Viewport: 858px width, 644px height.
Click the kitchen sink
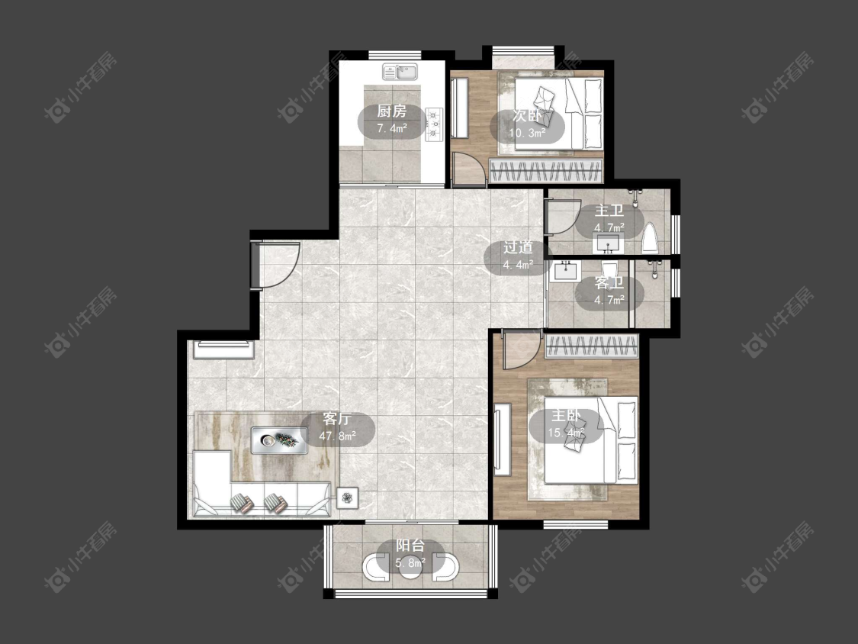(400, 72)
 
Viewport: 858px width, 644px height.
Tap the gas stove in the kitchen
(433, 124)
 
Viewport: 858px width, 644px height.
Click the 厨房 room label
(392, 111)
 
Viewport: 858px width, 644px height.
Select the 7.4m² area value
(392, 129)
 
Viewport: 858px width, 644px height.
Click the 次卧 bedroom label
(527, 116)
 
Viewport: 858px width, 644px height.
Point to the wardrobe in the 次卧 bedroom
(547, 170)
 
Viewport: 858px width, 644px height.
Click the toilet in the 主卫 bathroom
(650, 239)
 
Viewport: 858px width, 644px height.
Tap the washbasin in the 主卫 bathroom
(607, 243)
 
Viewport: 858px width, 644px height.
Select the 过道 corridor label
(518, 247)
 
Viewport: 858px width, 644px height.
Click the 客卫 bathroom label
(609, 283)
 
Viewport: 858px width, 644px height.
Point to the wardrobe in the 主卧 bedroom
(592, 346)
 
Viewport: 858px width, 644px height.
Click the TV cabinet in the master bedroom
(503, 440)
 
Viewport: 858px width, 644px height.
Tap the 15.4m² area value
(566, 433)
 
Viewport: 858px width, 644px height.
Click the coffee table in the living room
(279, 440)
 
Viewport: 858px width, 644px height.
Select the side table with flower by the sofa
(348, 497)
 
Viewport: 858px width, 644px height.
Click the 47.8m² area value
(338, 436)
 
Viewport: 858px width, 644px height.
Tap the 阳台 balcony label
(410, 546)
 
